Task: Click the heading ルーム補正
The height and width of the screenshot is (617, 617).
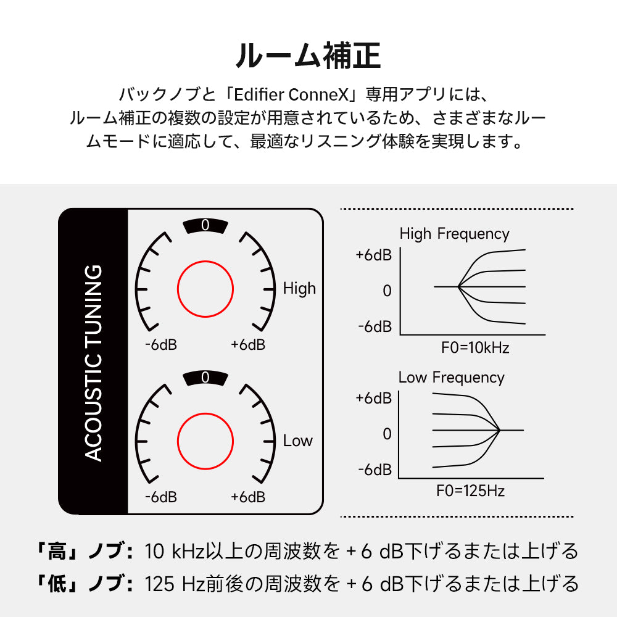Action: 308,56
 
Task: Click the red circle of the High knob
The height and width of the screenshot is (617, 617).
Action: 205,288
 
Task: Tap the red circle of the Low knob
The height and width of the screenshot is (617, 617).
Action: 205,441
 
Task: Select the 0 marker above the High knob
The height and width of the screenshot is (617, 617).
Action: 205,226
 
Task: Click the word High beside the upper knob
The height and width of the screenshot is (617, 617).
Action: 299,288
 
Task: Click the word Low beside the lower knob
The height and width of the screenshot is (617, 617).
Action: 298,441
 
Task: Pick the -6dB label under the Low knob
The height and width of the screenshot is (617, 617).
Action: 161,497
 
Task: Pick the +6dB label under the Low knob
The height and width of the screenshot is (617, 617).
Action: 248,497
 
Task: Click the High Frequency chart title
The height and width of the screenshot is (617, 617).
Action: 454,234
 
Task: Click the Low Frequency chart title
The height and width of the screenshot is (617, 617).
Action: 451,378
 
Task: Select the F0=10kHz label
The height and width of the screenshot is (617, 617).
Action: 475,347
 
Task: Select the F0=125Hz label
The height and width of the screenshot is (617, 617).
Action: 470,492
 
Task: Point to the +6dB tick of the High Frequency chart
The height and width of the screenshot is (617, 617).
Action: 373,255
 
